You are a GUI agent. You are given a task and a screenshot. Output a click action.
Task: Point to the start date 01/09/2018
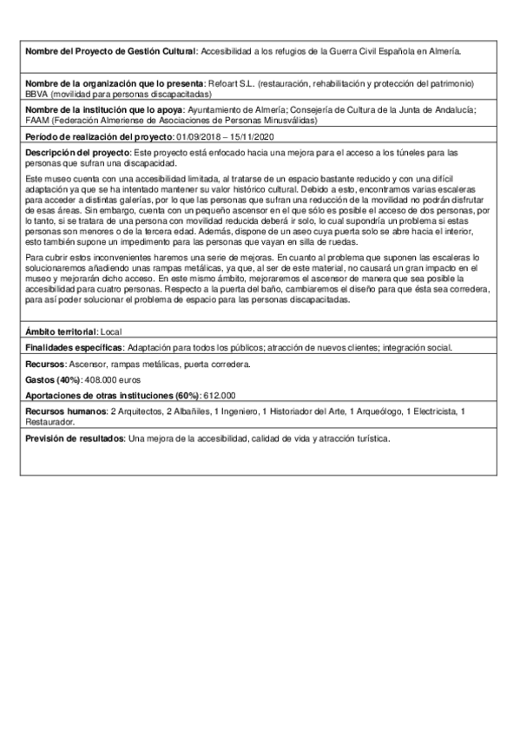(198, 137)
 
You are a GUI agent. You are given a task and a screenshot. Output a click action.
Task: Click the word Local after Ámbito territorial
(111, 332)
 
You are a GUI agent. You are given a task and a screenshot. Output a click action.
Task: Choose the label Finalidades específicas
(75, 347)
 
